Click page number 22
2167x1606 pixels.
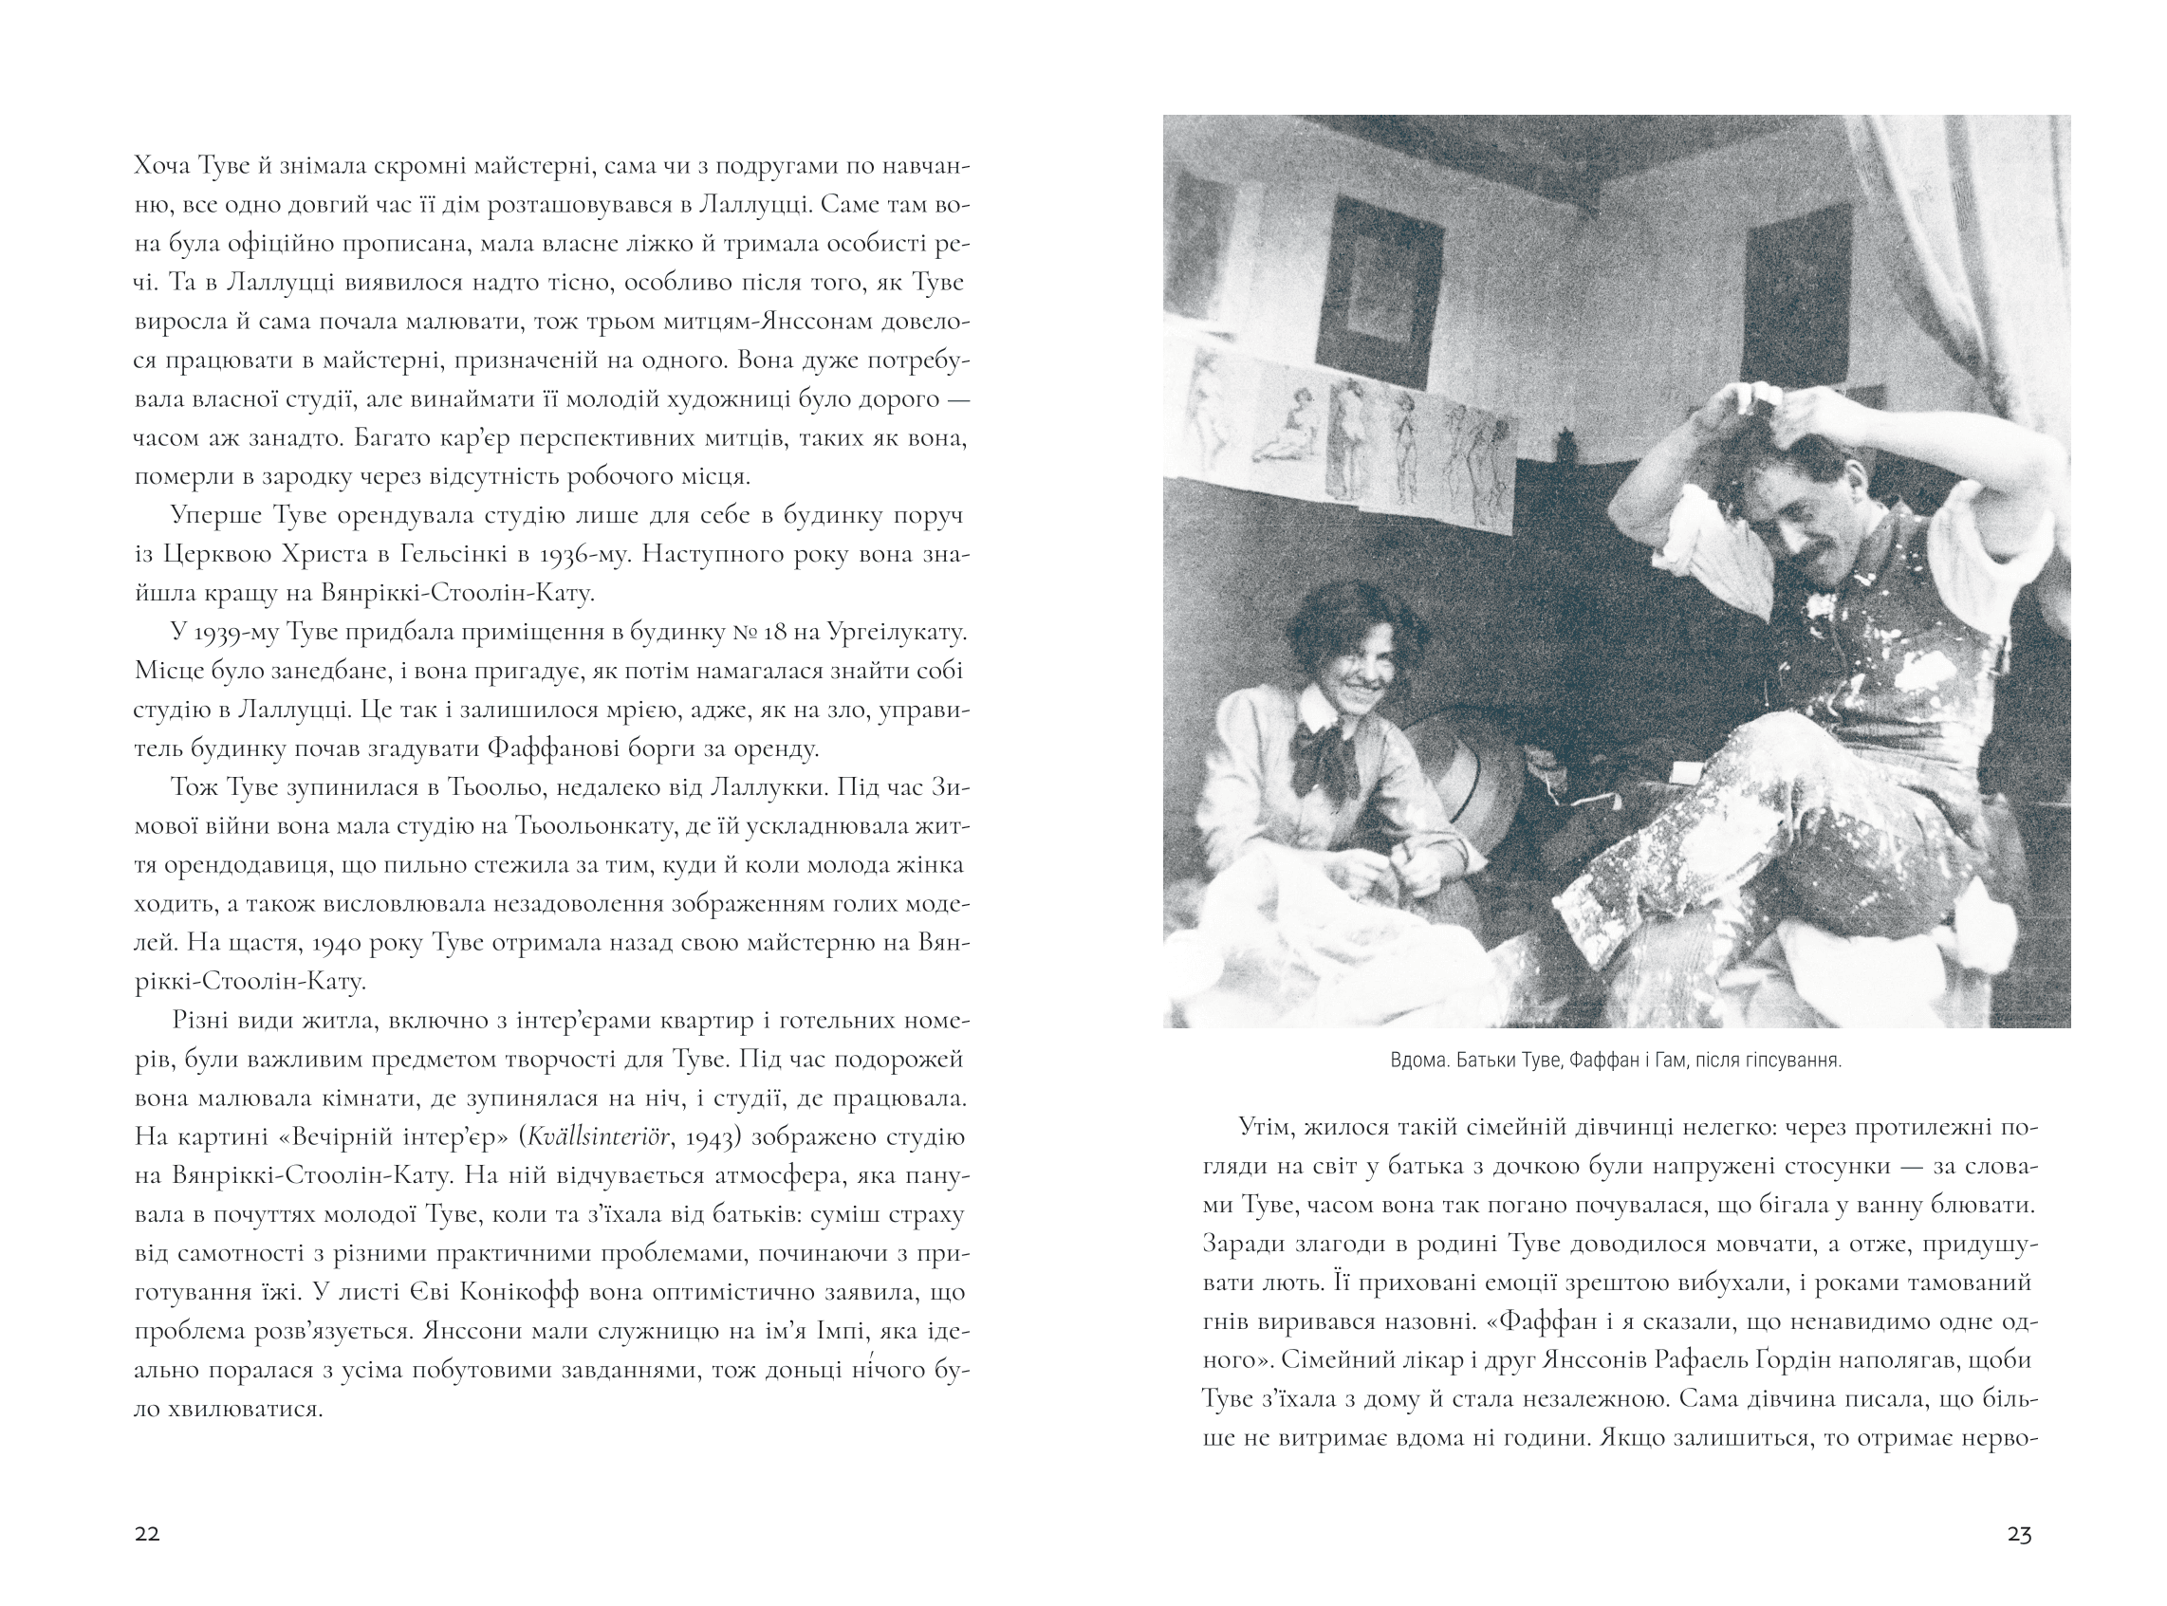tap(147, 1534)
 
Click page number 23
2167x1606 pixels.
tap(2018, 1534)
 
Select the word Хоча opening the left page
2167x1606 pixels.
tap(162, 165)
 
